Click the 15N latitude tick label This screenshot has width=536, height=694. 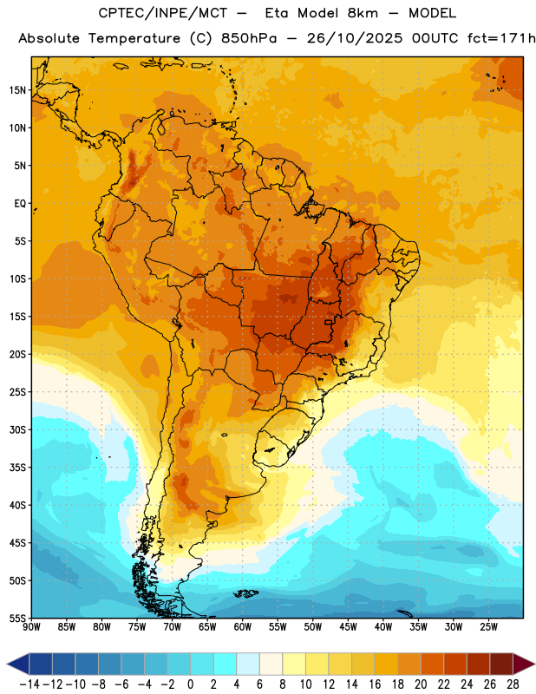tap(17, 90)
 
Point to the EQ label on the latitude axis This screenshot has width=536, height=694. tap(20, 204)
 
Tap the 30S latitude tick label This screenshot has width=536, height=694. tap(17, 429)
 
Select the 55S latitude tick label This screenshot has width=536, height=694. tap(17, 619)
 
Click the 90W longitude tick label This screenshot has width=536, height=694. tap(32, 627)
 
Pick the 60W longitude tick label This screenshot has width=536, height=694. tap(243, 627)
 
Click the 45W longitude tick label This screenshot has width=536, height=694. tap(348, 627)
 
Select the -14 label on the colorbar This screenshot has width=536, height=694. tap(29, 684)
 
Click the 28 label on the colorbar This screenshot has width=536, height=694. tap(513, 684)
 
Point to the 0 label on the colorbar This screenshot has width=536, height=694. tap(190, 684)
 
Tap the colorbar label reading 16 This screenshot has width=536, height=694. tap(375, 684)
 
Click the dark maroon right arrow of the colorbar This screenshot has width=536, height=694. tap(523, 664)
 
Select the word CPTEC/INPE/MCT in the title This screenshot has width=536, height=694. tap(163, 13)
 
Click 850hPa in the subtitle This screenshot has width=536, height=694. tap(249, 38)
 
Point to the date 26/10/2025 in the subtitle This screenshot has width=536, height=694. tap(355, 38)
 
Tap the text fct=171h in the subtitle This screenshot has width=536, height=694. tap(501, 38)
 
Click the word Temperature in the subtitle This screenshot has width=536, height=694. tap(134, 39)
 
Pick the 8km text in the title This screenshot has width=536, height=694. tap(363, 13)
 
